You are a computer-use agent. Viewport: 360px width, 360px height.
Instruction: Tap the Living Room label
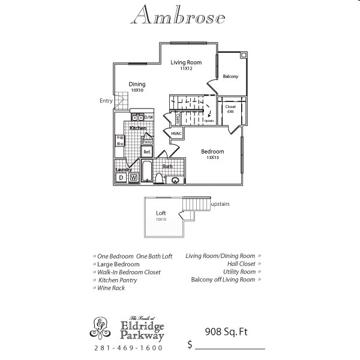click(185, 62)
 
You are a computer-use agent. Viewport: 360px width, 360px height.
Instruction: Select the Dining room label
click(137, 85)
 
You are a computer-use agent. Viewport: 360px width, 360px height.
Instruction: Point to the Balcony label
click(230, 76)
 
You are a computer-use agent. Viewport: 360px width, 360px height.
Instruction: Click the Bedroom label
click(212, 151)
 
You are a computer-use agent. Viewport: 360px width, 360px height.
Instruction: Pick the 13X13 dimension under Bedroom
click(212, 157)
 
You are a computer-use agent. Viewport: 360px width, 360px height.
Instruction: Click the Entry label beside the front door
click(106, 101)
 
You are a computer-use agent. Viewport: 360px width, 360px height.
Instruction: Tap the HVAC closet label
click(176, 133)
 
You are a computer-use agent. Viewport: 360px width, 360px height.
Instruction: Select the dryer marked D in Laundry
click(121, 178)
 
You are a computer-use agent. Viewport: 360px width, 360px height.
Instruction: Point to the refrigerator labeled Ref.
click(146, 152)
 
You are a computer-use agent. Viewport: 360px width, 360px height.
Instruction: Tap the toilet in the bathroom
click(160, 178)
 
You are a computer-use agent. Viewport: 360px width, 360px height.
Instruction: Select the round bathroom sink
click(176, 179)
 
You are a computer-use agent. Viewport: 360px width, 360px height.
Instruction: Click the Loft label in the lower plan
click(161, 213)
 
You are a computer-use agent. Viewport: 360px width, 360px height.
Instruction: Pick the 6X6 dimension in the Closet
click(230, 111)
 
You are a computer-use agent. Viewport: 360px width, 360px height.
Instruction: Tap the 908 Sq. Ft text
click(226, 331)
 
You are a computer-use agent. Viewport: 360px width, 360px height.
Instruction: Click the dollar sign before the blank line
click(190, 345)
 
